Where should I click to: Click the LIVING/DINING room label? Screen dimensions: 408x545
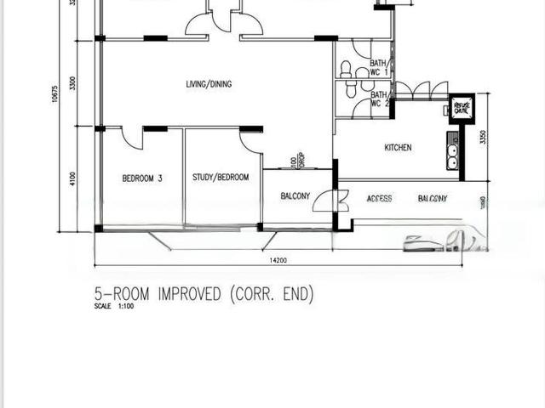209,84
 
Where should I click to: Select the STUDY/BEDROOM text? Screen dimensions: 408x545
221,178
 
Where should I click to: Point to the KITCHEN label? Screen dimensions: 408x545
398,148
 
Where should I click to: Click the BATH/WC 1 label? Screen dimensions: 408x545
377,68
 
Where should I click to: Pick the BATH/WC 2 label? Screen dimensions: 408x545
377,99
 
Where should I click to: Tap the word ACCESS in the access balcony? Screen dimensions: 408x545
379,199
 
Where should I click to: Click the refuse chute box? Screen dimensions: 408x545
461,107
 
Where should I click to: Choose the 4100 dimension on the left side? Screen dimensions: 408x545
73,178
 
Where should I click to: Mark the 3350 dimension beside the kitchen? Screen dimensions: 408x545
482,137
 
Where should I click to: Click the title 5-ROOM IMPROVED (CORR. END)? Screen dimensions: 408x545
204,294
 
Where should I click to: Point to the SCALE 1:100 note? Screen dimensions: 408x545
114,306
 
